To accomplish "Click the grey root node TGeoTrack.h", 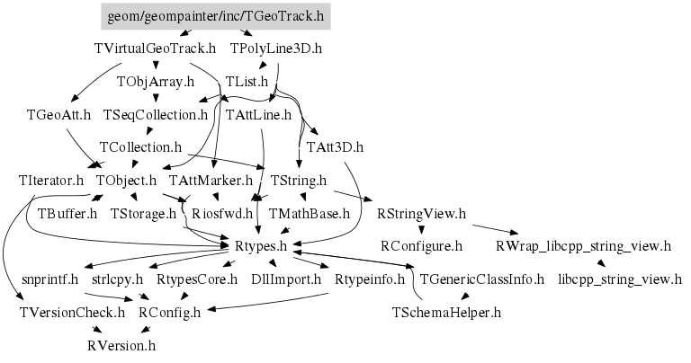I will click(x=213, y=16).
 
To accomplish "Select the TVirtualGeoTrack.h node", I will click(x=155, y=48).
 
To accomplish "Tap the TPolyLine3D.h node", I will click(x=276, y=48).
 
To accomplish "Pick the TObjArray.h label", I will click(x=156, y=82).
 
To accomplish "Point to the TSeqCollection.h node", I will click(x=156, y=115).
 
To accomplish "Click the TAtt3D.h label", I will click(x=335, y=146).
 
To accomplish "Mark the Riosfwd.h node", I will click(x=223, y=214).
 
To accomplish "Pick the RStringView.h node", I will click(x=422, y=214).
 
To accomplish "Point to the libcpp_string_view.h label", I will click(x=620, y=279).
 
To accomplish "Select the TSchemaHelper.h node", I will click(x=446, y=313).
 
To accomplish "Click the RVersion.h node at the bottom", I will click(x=122, y=345).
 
